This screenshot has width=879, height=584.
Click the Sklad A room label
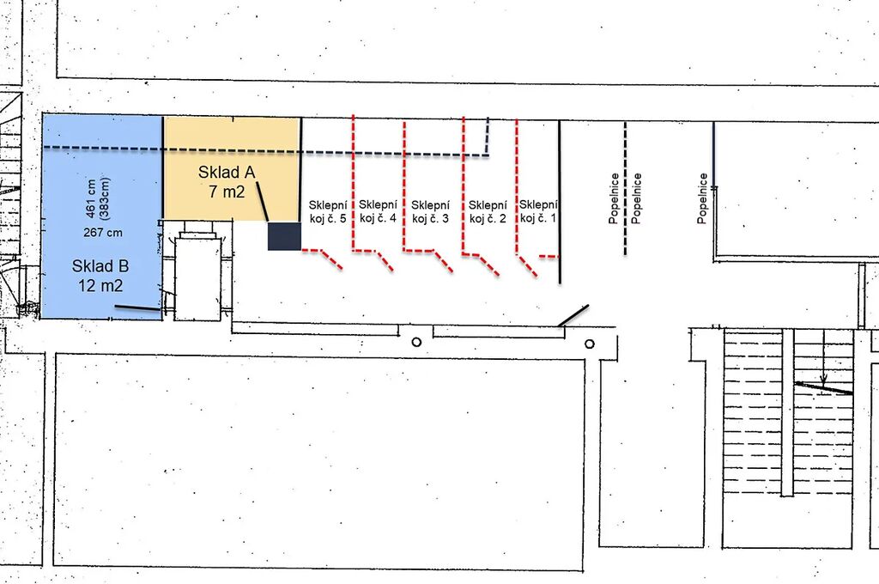(x=227, y=173)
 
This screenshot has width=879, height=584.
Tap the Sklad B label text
(x=100, y=266)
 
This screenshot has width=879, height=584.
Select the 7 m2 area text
(x=227, y=192)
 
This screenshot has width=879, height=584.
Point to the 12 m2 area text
(x=100, y=285)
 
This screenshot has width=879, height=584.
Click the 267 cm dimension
(x=103, y=232)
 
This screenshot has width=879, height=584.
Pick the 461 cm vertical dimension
(x=91, y=198)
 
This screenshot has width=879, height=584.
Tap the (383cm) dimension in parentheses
(x=104, y=198)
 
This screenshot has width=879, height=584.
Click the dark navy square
(x=284, y=236)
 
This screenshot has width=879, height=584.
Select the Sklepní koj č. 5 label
(x=328, y=212)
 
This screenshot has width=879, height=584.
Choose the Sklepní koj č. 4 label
(x=378, y=211)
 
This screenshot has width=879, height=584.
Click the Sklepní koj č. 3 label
(x=430, y=211)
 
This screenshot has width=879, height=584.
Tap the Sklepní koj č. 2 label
(x=488, y=211)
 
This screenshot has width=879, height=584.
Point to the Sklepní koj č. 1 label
(x=538, y=211)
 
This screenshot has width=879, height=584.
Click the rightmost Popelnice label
(x=702, y=198)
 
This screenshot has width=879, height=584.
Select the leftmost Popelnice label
(x=615, y=198)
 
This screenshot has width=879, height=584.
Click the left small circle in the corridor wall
(x=416, y=342)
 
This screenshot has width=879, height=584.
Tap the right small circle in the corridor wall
(x=589, y=344)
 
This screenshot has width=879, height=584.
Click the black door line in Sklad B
(x=137, y=308)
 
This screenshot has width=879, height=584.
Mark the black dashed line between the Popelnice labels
(x=626, y=188)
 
